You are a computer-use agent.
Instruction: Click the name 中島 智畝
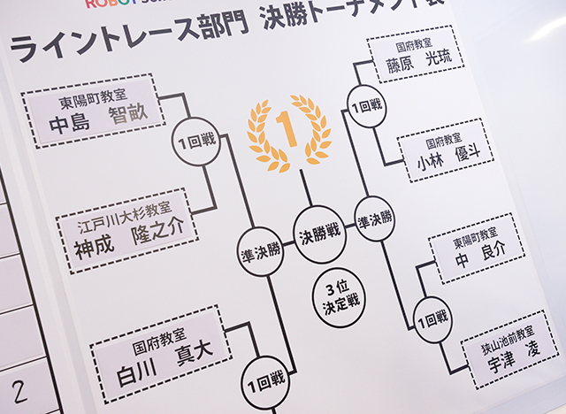98,119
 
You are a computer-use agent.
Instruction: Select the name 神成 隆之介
128,238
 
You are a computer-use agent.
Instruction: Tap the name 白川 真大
165,364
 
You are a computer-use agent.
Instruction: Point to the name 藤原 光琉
418,62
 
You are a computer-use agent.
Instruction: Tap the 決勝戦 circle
319,234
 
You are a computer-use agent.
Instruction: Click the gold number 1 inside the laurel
287,129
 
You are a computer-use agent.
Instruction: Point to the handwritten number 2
19,393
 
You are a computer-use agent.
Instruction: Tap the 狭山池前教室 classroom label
508,340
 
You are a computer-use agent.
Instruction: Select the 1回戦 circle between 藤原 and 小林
366,106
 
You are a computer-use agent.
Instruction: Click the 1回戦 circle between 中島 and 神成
196,142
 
